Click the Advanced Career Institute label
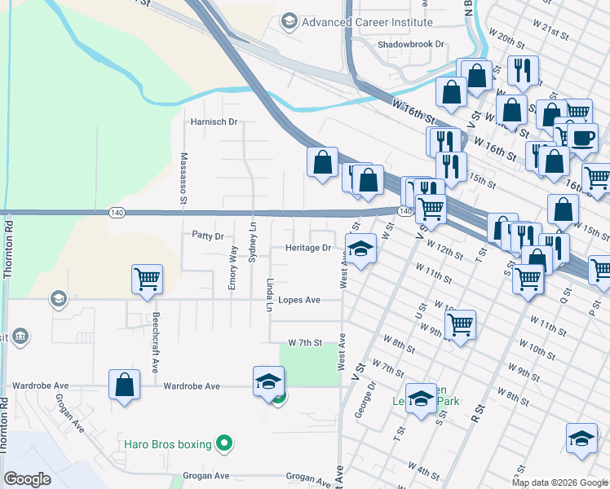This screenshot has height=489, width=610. click(366, 22)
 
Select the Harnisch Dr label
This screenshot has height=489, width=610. click(213, 122)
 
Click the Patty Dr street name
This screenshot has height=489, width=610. click(207, 236)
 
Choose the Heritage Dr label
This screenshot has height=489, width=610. click(307, 248)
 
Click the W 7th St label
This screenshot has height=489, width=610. click(306, 343)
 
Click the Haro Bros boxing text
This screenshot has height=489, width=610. click(167, 444)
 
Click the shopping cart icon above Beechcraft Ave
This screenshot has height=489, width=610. click(147, 280)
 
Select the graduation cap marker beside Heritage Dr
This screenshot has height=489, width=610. click(360, 248)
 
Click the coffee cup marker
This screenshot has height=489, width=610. click(582, 138)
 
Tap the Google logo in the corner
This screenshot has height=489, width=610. click(27, 479)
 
